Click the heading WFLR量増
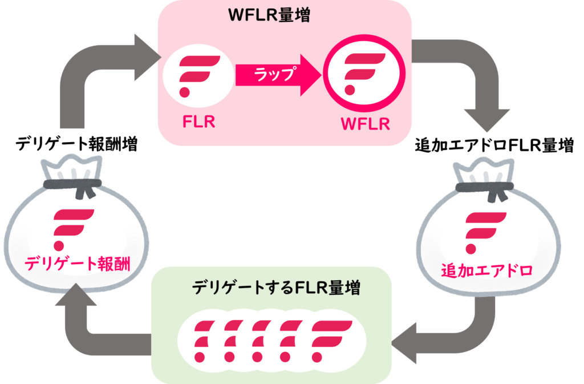(269, 15)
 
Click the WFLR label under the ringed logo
(364, 124)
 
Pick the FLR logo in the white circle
(197, 75)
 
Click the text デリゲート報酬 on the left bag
(77, 264)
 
